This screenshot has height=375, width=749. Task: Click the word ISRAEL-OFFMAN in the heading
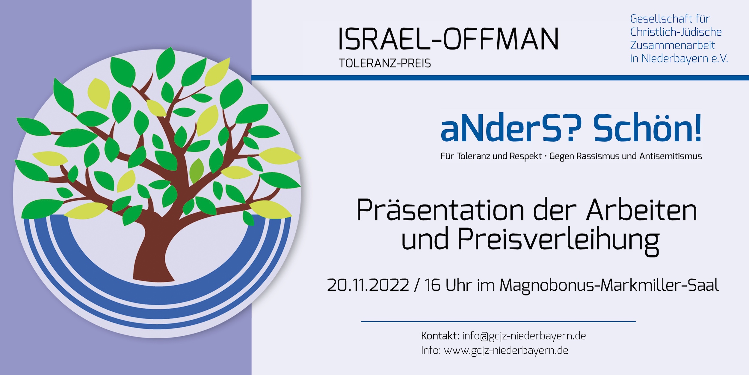click(x=448, y=39)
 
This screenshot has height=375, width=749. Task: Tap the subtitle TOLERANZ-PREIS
click(x=385, y=63)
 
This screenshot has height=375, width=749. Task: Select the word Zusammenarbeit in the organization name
click(x=673, y=45)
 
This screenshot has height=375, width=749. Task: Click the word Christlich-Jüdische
click(x=676, y=32)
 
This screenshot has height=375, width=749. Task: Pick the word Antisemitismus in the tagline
click(x=671, y=156)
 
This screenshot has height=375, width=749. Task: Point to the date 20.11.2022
click(x=368, y=285)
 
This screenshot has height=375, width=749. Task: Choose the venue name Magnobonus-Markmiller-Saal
click(x=609, y=286)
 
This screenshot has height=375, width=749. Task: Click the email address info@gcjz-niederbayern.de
click(x=524, y=336)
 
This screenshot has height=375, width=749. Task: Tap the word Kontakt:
click(x=440, y=336)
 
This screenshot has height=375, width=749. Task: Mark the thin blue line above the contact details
click(x=498, y=321)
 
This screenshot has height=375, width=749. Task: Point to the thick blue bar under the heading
click(x=500, y=78)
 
